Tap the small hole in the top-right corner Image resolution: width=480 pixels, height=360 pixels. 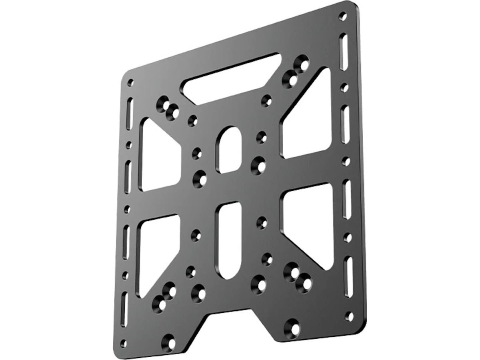[x=342, y=16]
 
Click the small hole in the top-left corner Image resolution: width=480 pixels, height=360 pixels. [x=130, y=83]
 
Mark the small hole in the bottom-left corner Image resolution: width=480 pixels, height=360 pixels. [x=123, y=343]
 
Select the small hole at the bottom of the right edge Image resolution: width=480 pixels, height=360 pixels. [x=350, y=316]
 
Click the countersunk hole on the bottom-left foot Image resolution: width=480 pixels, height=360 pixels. [x=169, y=343]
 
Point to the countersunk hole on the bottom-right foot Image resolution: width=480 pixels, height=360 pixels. [x=292, y=328]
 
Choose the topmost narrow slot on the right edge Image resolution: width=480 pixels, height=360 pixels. [x=343, y=52]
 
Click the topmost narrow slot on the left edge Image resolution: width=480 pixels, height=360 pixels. [x=130, y=114]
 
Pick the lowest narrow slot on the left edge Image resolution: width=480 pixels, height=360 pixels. [x=124, y=308]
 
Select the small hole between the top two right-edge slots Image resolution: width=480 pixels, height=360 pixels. [x=344, y=88]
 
